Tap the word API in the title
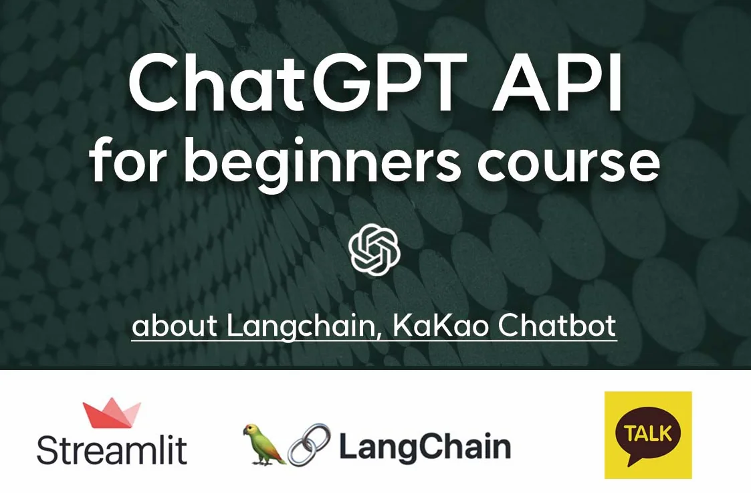coord(558,81)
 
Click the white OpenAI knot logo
coord(374,250)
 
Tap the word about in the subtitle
coord(175,325)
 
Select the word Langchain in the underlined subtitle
coord(300,326)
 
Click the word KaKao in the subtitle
coord(440,325)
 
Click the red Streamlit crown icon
coord(112,413)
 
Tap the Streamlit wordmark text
coord(112,449)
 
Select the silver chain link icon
coord(309,445)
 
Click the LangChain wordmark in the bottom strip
coord(425,447)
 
